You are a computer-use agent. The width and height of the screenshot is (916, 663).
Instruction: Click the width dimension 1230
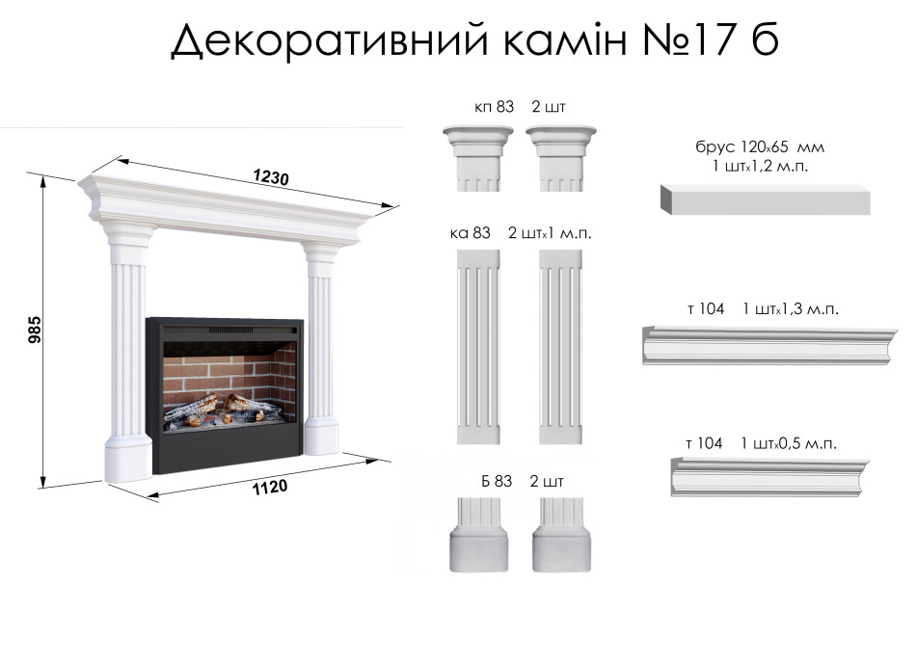coord(271,177)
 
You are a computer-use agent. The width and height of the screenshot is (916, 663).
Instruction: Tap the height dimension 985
coord(35,330)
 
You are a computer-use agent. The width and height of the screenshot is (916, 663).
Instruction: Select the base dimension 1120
coord(269,487)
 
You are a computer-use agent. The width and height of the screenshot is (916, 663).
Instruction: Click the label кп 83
coord(495,107)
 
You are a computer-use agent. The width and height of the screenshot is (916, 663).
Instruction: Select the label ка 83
coord(471,233)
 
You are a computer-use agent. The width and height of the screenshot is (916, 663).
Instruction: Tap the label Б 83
coord(497,481)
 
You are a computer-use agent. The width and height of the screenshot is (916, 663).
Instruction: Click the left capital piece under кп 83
coord(478,158)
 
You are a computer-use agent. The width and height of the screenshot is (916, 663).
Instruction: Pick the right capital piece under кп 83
coord(561,158)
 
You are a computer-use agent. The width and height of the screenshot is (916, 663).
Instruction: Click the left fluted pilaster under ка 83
coord(478,347)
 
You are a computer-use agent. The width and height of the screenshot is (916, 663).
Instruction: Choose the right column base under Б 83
coord(561,535)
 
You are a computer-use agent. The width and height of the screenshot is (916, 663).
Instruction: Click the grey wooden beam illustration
coord(766,199)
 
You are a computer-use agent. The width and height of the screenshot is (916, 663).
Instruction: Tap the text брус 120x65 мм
coord(760,146)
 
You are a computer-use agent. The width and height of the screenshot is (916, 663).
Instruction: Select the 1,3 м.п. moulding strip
coord(769,346)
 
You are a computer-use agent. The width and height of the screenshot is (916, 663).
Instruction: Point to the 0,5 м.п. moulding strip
coord(769,477)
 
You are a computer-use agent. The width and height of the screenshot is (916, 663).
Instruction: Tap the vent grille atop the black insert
coord(231,331)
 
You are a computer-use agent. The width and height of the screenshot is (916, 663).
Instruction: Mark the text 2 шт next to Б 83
coord(546,481)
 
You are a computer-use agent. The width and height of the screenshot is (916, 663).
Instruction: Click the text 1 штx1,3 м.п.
coord(791,308)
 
